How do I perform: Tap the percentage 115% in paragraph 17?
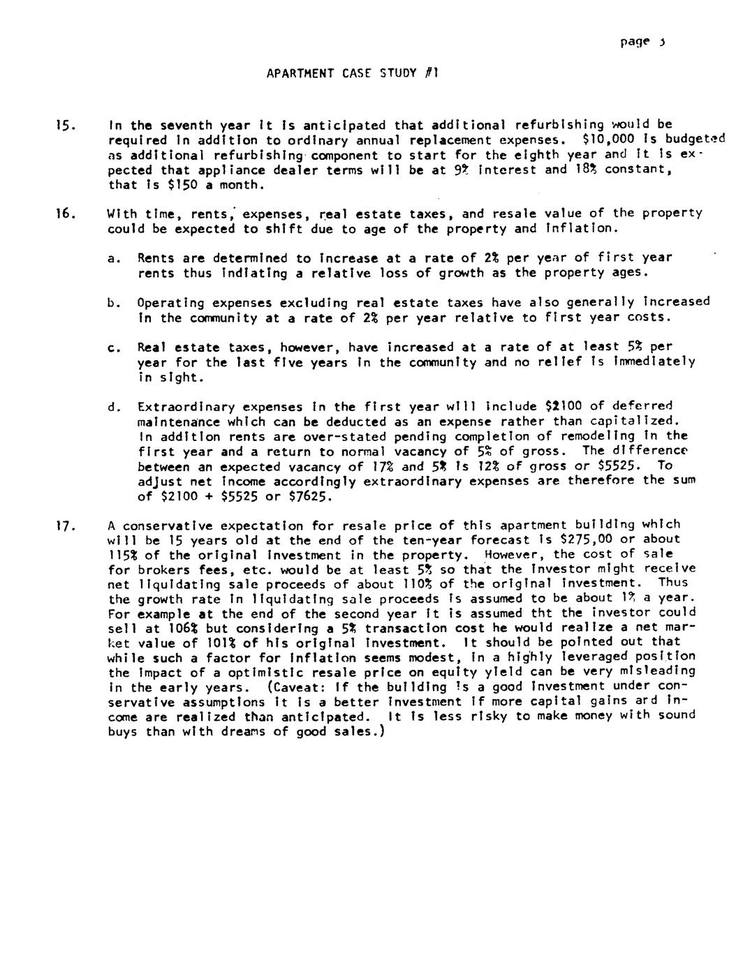point(123,555)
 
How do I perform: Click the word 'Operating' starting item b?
point(170,303)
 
